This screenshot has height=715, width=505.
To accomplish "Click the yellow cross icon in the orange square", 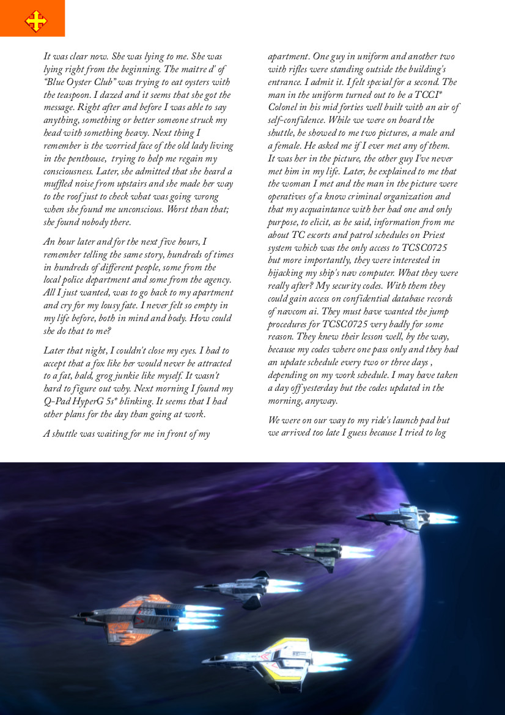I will tap(35, 21).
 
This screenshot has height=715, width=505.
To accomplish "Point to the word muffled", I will tap(58, 185).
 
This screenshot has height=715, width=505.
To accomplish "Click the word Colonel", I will tap(285, 108).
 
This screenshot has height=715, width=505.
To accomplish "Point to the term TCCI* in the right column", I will tap(443, 95).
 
